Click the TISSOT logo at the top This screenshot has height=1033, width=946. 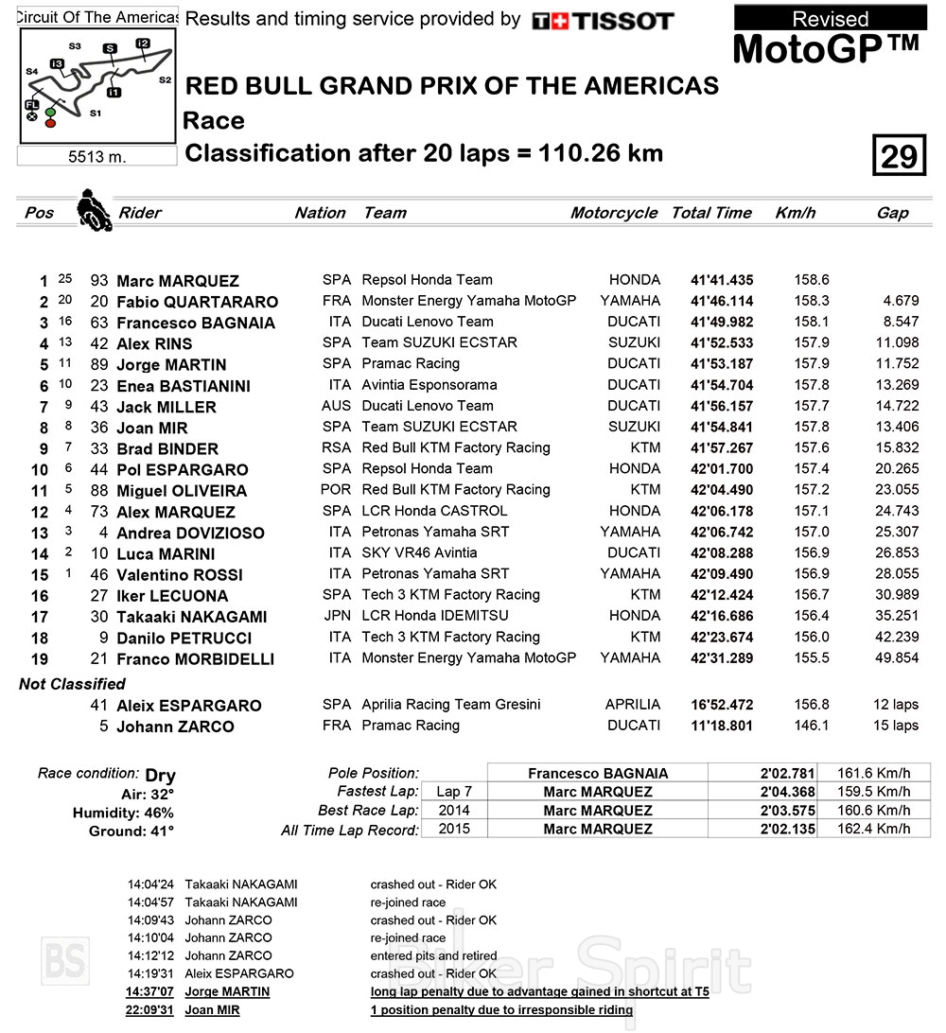click(603, 21)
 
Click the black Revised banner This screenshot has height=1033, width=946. click(830, 18)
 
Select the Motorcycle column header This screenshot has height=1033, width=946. click(613, 213)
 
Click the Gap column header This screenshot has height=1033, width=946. click(892, 213)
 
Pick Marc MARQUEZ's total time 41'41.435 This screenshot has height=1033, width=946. click(722, 280)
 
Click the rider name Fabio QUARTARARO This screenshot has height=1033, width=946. click(197, 302)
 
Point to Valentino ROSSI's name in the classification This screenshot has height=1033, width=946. click(179, 574)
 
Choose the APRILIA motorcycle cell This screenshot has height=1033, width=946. click(632, 704)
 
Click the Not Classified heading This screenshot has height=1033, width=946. click(72, 683)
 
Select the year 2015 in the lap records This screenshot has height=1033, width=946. click(454, 829)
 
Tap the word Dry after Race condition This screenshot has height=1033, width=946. click(160, 775)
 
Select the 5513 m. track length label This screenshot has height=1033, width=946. click(97, 157)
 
